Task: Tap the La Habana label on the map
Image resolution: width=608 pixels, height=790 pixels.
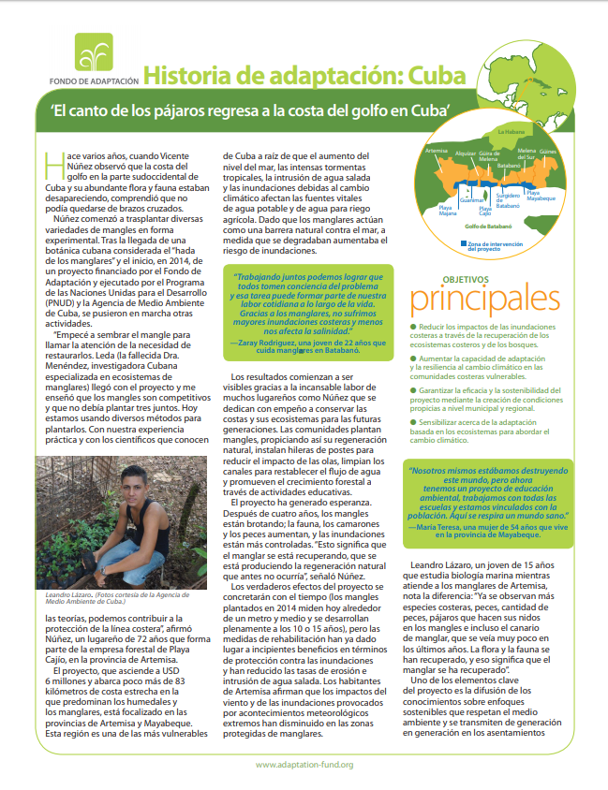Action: pyautogui.click(x=512, y=133)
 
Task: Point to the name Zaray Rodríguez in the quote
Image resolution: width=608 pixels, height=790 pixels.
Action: pyautogui.click(x=270, y=344)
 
